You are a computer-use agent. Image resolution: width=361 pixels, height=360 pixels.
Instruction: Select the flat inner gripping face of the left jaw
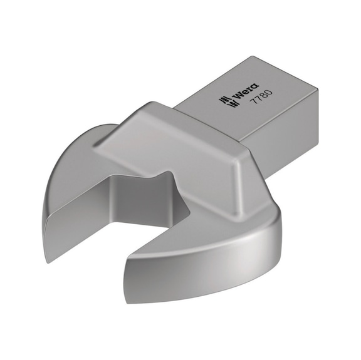click(x=88, y=207)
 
